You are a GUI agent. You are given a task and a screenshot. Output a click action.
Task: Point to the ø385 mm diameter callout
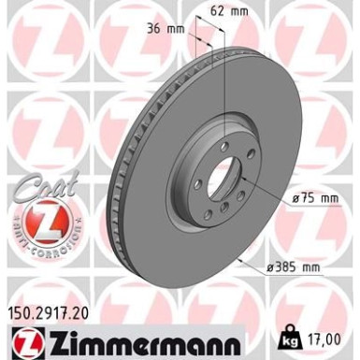295,267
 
